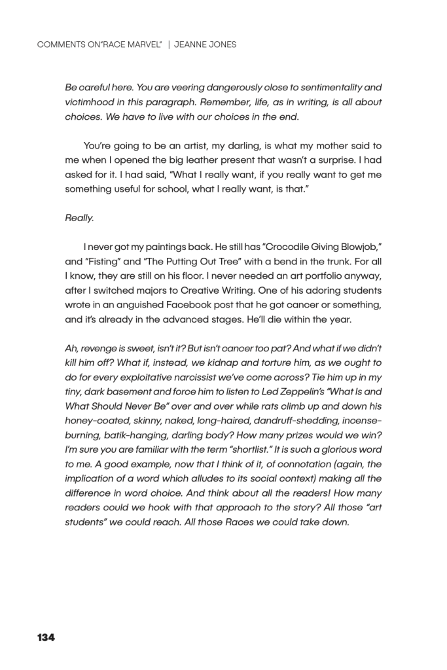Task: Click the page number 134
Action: [46, 638]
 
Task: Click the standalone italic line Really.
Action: [79, 219]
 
